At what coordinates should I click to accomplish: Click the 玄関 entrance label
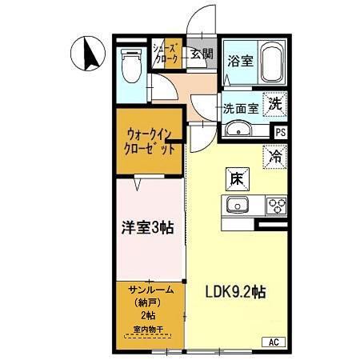pyautogui.click(x=202, y=54)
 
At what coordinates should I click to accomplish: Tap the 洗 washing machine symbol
pyautogui.click(x=274, y=103)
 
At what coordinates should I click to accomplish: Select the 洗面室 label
pyautogui.click(x=239, y=108)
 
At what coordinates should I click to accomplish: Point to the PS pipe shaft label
pyautogui.click(x=279, y=132)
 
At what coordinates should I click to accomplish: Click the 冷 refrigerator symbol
pyautogui.click(x=274, y=156)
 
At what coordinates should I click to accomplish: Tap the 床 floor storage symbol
pyautogui.click(x=237, y=180)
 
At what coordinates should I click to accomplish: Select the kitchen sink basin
pyautogui.click(x=238, y=206)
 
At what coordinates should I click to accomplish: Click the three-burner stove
pyautogui.click(x=276, y=206)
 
